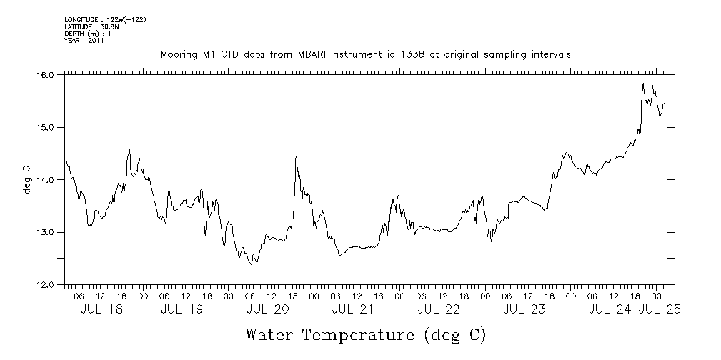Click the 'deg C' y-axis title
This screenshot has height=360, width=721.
27,179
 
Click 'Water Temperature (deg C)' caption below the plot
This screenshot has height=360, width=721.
365,334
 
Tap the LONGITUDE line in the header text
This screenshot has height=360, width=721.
105,19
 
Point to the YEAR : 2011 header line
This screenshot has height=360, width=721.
84,41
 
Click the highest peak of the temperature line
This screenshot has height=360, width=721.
643,84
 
